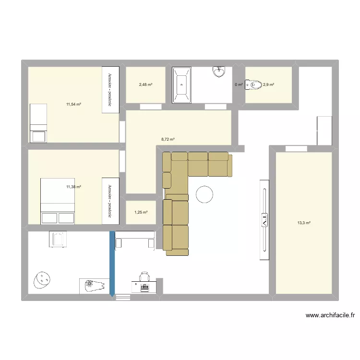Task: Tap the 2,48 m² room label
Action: pyautogui.click(x=145, y=85)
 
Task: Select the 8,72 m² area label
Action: pyautogui.click(x=168, y=139)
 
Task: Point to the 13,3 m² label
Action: pyautogui.click(x=304, y=223)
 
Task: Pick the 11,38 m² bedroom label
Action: pyautogui.click(x=73, y=187)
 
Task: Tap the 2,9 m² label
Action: pyautogui.click(x=268, y=85)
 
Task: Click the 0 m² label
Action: pyautogui.click(x=239, y=85)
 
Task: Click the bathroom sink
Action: pyautogui.click(x=219, y=71)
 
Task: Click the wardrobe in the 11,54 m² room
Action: pyautogui.click(x=110, y=90)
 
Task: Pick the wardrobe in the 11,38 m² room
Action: pyautogui.click(x=110, y=201)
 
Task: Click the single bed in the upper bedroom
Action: pyautogui.click(x=38, y=123)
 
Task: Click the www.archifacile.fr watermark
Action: pyautogui.click(x=330, y=315)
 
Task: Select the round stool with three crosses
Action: pyautogui.click(x=43, y=280)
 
